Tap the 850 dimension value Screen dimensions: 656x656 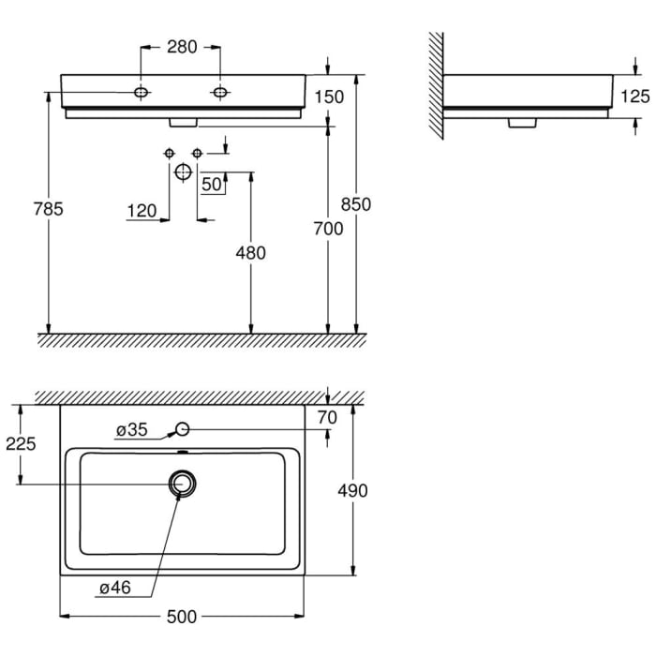(x=357, y=205)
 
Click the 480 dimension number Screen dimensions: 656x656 (x=250, y=252)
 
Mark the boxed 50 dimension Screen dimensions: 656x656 (x=212, y=185)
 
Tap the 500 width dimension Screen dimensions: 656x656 (x=182, y=617)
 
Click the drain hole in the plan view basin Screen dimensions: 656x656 (x=182, y=483)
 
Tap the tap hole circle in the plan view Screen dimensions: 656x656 (x=183, y=429)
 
